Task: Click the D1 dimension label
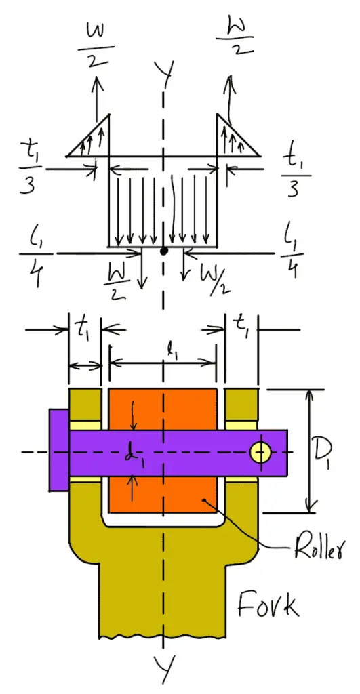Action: [x=334, y=451]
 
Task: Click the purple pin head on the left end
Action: [x=58, y=449]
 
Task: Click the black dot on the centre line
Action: [x=163, y=251]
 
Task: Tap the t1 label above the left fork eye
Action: [x=84, y=331]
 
